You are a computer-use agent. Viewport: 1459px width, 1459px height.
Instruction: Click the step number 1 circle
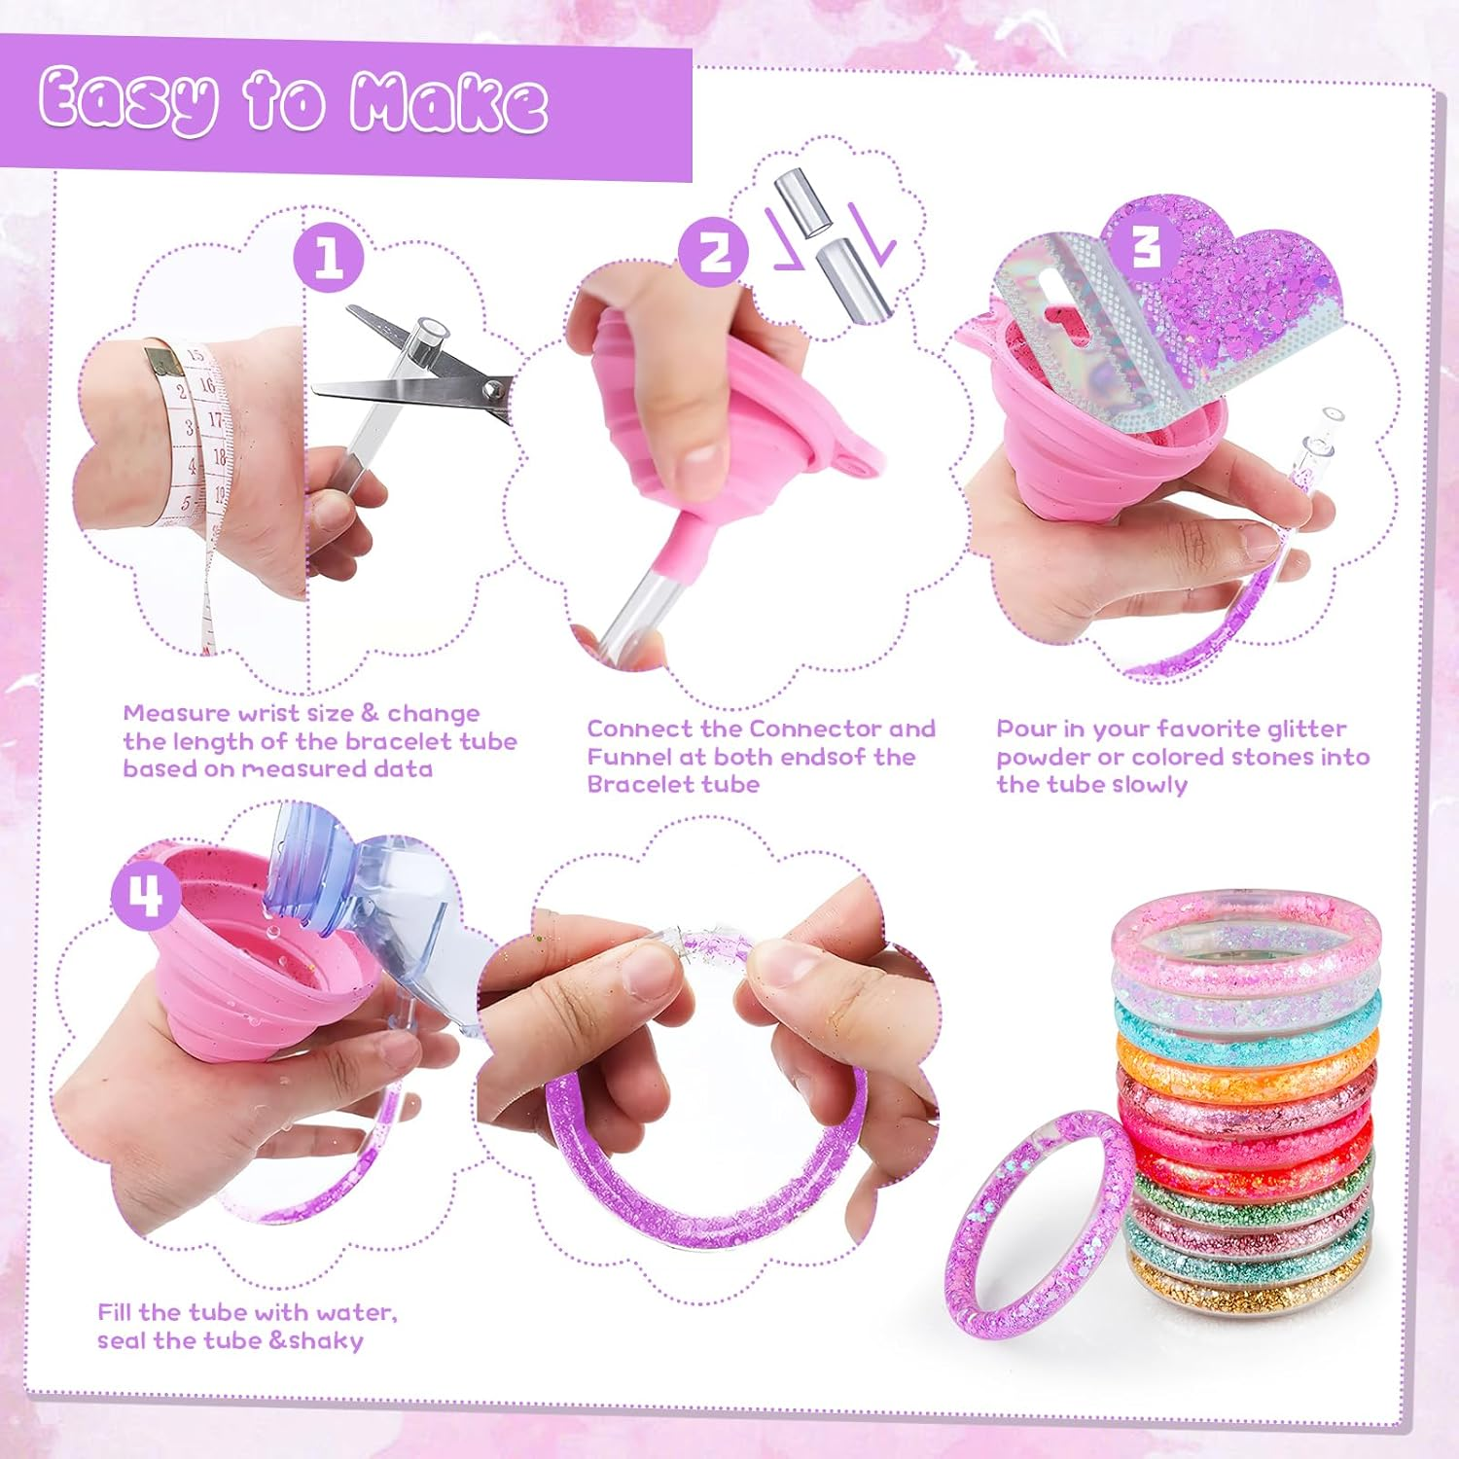tap(329, 257)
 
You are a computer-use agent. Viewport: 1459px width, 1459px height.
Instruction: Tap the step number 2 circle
tap(714, 252)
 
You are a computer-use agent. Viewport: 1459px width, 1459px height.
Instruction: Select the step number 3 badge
tap(1148, 244)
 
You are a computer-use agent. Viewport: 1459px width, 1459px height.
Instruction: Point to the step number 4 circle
tap(146, 896)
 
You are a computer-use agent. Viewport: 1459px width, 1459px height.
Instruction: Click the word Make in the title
tap(448, 102)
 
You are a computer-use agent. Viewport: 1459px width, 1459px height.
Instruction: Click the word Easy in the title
tap(127, 102)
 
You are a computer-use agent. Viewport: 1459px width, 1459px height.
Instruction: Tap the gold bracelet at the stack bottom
tap(1250, 1289)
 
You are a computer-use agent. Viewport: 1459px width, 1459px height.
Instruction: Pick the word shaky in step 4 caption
tap(326, 1340)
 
